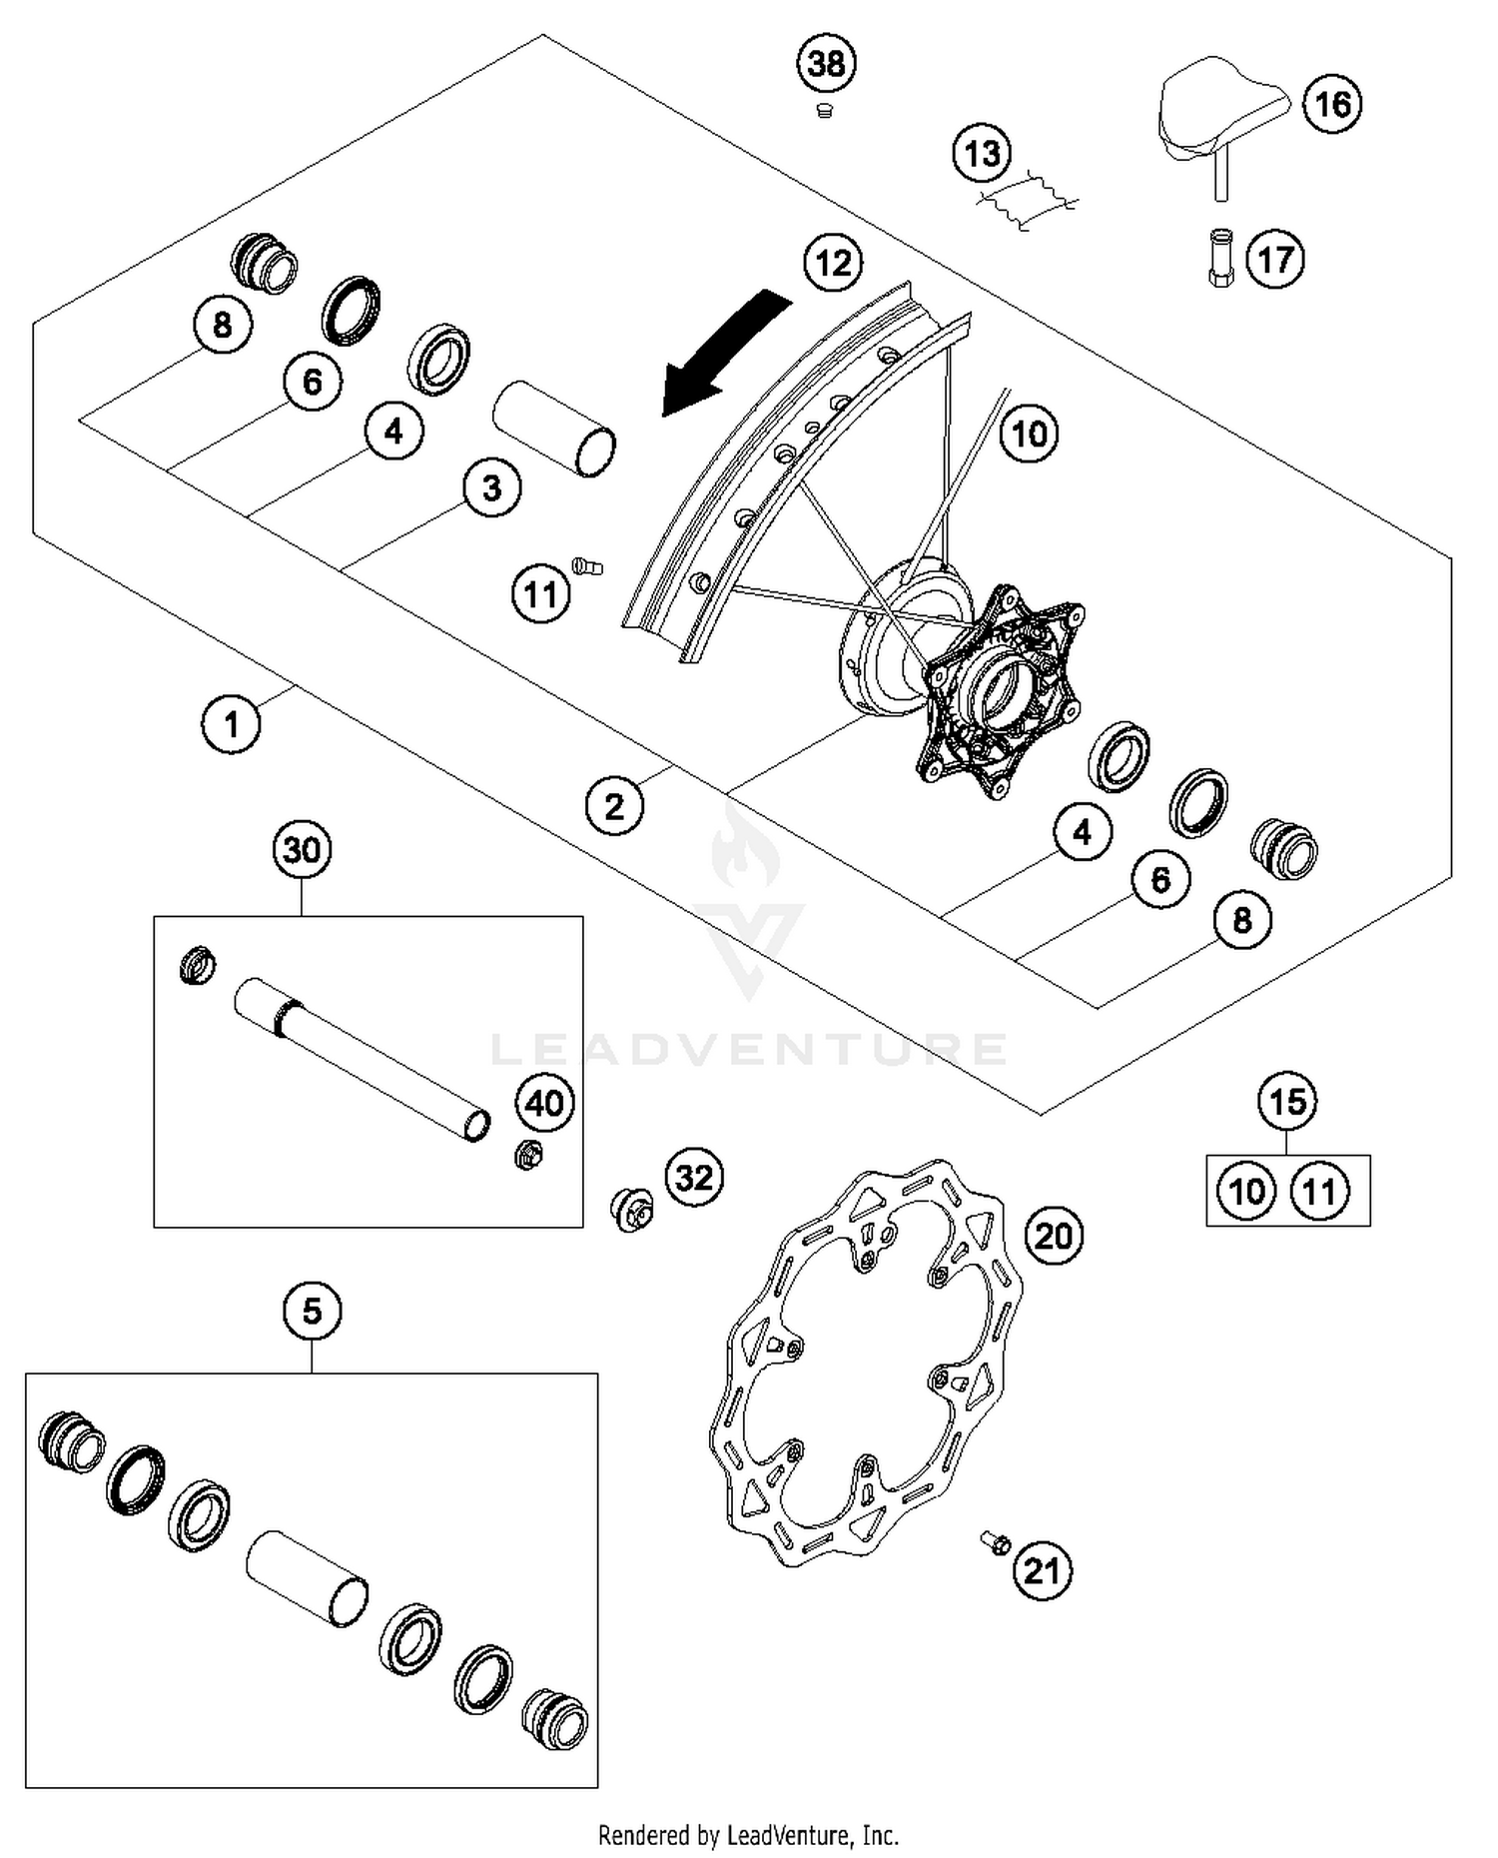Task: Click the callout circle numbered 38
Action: (826, 64)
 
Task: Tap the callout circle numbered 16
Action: (1332, 104)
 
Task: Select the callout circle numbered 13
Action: (982, 154)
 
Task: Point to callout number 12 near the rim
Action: (833, 263)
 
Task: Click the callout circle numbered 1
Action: (231, 724)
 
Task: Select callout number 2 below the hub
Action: (614, 805)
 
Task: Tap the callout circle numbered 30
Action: (302, 850)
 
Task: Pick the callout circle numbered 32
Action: (694, 1178)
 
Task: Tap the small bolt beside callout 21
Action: (995, 1543)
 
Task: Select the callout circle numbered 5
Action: (312, 1311)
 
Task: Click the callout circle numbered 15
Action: (1286, 1102)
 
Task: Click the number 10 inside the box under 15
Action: (1246, 1192)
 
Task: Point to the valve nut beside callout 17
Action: (1220, 258)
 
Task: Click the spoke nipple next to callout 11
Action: (587, 567)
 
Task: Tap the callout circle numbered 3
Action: (491, 488)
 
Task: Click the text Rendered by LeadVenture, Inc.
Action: (748, 1835)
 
